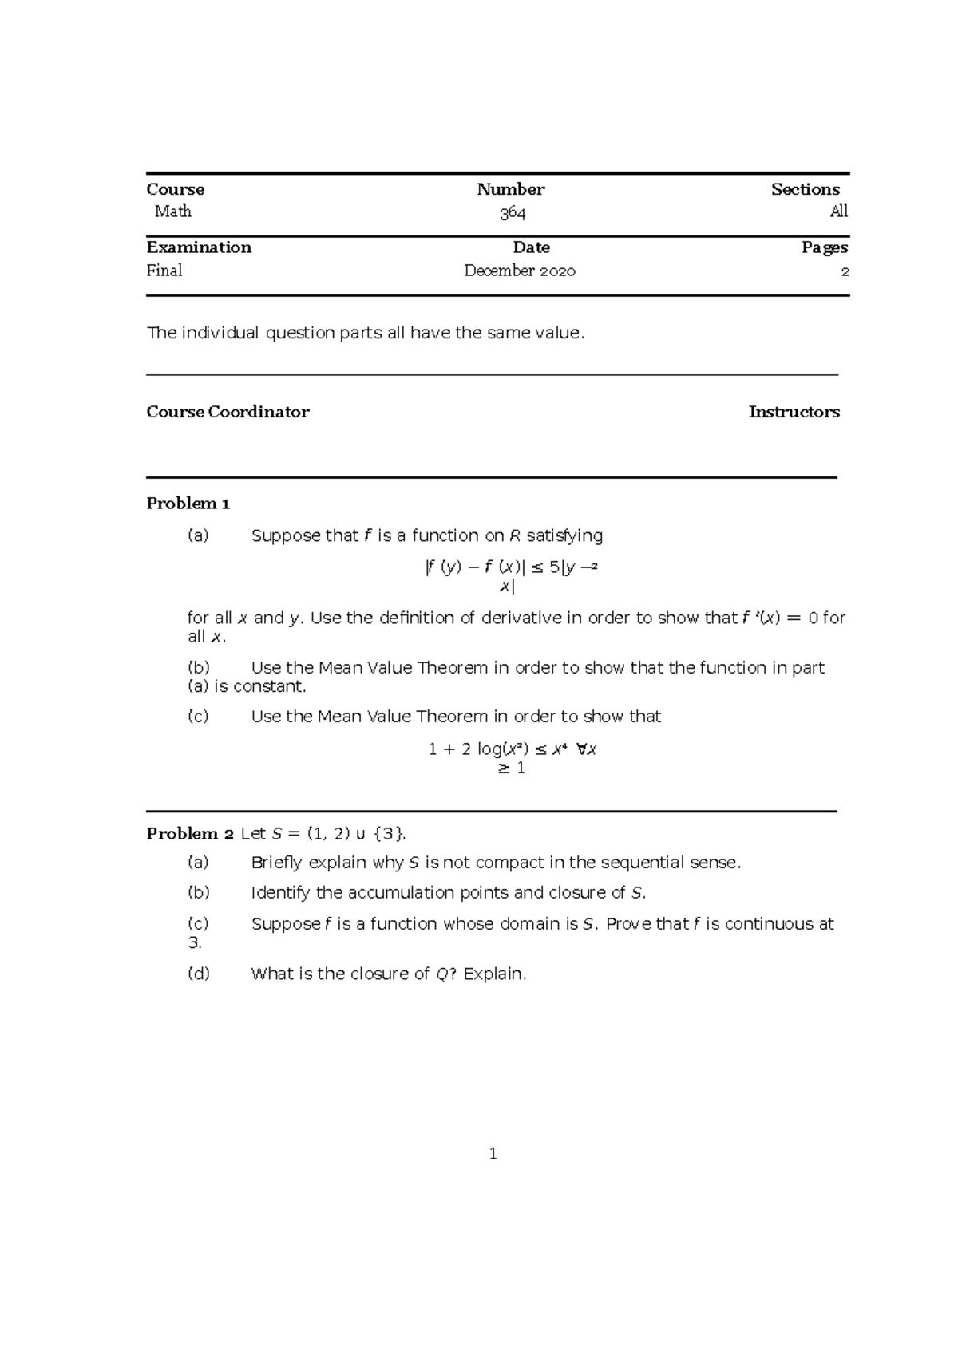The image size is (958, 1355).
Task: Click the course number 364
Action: (x=513, y=213)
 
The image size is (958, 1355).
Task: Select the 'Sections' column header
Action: (x=805, y=189)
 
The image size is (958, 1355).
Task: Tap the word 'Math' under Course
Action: (x=172, y=211)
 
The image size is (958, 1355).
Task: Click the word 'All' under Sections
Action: (x=838, y=211)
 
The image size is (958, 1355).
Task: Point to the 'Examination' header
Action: (x=199, y=247)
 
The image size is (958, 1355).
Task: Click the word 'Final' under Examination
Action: (x=164, y=271)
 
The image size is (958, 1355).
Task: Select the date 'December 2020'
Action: (x=520, y=271)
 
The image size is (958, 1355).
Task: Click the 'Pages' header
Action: (x=825, y=247)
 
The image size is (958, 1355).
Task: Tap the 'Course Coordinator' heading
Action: (x=228, y=412)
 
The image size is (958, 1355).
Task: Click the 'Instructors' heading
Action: (x=794, y=412)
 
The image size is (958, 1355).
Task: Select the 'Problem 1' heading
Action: (x=188, y=504)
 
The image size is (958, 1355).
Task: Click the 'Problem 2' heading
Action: (x=190, y=834)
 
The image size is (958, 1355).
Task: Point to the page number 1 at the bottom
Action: (x=493, y=1154)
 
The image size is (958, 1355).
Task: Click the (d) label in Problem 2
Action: (x=198, y=974)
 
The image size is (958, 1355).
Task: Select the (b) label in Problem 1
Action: (x=198, y=668)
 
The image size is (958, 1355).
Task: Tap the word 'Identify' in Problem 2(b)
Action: (x=280, y=893)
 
